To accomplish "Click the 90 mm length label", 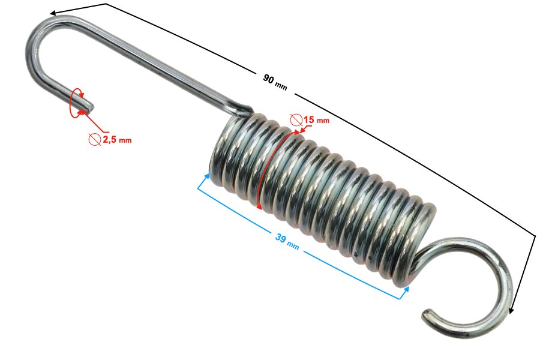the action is [x=274, y=82].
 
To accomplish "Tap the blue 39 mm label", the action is [x=287, y=241].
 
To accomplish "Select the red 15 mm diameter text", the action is [x=316, y=119].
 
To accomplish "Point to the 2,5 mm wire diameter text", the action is [x=117, y=140].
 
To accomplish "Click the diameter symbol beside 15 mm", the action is [x=296, y=119].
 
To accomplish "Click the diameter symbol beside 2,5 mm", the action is [x=94, y=139].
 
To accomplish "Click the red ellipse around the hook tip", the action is [x=76, y=103].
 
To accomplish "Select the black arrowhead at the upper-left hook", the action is [x=53, y=13].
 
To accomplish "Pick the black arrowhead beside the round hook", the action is [x=511, y=310].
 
